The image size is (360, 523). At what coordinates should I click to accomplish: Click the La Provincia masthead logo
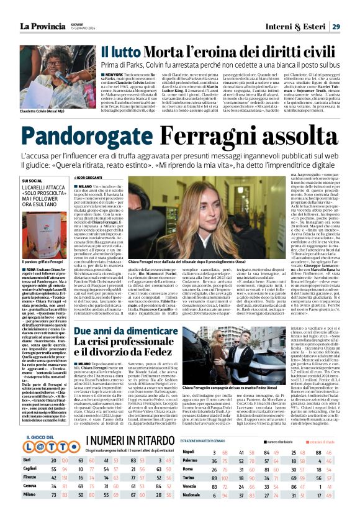point(43,25)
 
